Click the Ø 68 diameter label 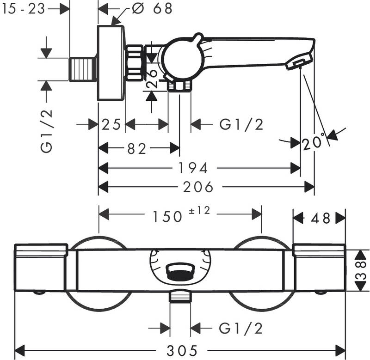tap(145, 8)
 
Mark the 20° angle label tap(314, 144)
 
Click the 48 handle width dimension tap(319, 217)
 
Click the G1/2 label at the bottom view tap(241, 328)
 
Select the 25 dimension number tap(111, 124)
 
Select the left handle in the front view tap(42, 268)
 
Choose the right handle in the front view tap(320, 268)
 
